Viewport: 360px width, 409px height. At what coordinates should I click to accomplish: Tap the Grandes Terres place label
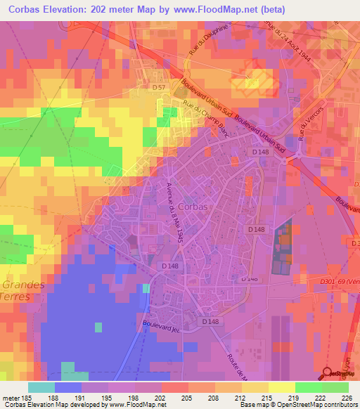pos(22,291)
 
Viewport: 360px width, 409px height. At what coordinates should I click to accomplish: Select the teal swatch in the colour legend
pos(41,387)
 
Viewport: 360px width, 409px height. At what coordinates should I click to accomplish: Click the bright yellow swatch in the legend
pos(282,387)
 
